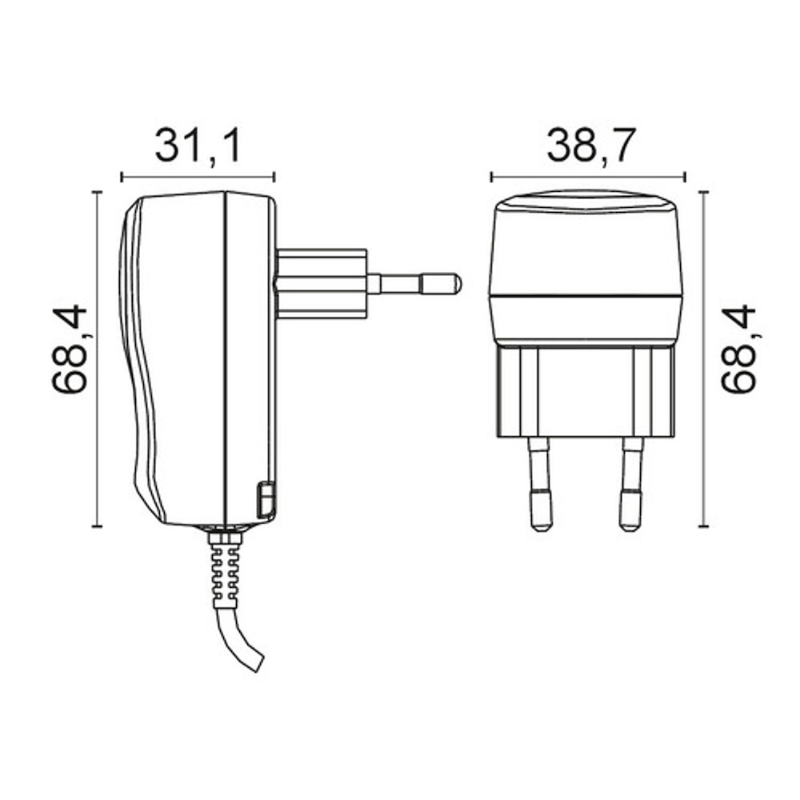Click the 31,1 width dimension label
pos(197,146)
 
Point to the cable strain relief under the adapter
pos(225,568)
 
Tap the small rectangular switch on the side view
pos(265,499)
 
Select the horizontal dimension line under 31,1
pos(197,177)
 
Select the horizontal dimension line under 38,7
pos(588,177)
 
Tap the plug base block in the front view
pos(586,392)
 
